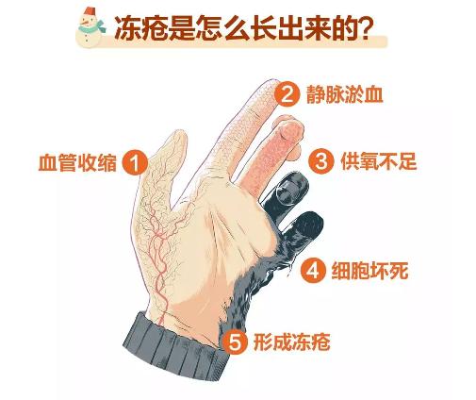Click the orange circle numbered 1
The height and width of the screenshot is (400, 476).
click(137, 162)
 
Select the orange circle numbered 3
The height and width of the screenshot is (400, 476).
click(322, 161)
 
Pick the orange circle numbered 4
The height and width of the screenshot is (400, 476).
click(313, 272)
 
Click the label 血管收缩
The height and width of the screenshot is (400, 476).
click(78, 162)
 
